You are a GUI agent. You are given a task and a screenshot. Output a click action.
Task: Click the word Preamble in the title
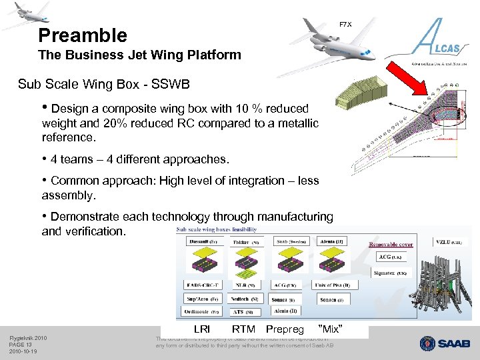82,35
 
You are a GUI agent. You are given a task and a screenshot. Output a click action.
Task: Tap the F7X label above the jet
345,25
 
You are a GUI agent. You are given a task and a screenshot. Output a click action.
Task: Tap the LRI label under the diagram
201,329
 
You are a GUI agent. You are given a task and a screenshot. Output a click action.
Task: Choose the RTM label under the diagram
243,329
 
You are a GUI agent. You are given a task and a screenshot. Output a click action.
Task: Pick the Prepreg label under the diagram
285,329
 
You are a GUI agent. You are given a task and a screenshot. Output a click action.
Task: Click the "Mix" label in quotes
331,329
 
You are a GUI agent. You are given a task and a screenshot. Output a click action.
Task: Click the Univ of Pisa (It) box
341,285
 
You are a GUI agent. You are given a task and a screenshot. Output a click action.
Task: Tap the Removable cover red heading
391,245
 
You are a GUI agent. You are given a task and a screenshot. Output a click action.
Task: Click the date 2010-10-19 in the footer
23,351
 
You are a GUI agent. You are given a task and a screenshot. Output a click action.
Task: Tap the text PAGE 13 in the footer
20,345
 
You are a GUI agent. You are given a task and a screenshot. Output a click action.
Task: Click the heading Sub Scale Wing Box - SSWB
104,85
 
